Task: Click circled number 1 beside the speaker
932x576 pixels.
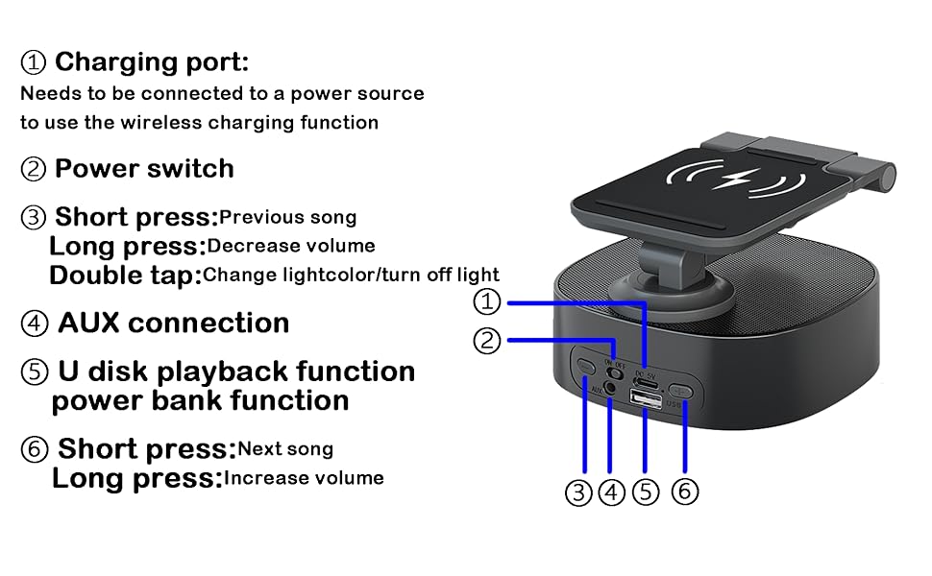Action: pyautogui.click(x=488, y=302)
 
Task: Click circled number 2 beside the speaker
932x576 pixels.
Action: pyautogui.click(x=488, y=340)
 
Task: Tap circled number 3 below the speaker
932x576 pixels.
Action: pyautogui.click(x=577, y=492)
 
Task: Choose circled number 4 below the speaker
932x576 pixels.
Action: pyautogui.click(x=612, y=492)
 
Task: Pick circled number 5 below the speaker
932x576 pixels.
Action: pyautogui.click(x=646, y=492)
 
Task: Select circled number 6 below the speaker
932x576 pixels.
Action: pyautogui.click(x=684, y=492)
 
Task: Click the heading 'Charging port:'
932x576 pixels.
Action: pyautogui.click(x=151, y=62)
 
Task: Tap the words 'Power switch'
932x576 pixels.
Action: pyautogui.click(x=144, y=169)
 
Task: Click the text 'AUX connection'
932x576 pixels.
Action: pyautogui.click(x=173, y=323)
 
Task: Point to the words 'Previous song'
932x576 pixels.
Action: pyautogui.click(x=287, y=217)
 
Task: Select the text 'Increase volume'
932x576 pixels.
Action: pyautogui.click(x=304, y=477)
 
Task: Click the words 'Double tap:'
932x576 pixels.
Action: pyautogui.click(x=125, y=276)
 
